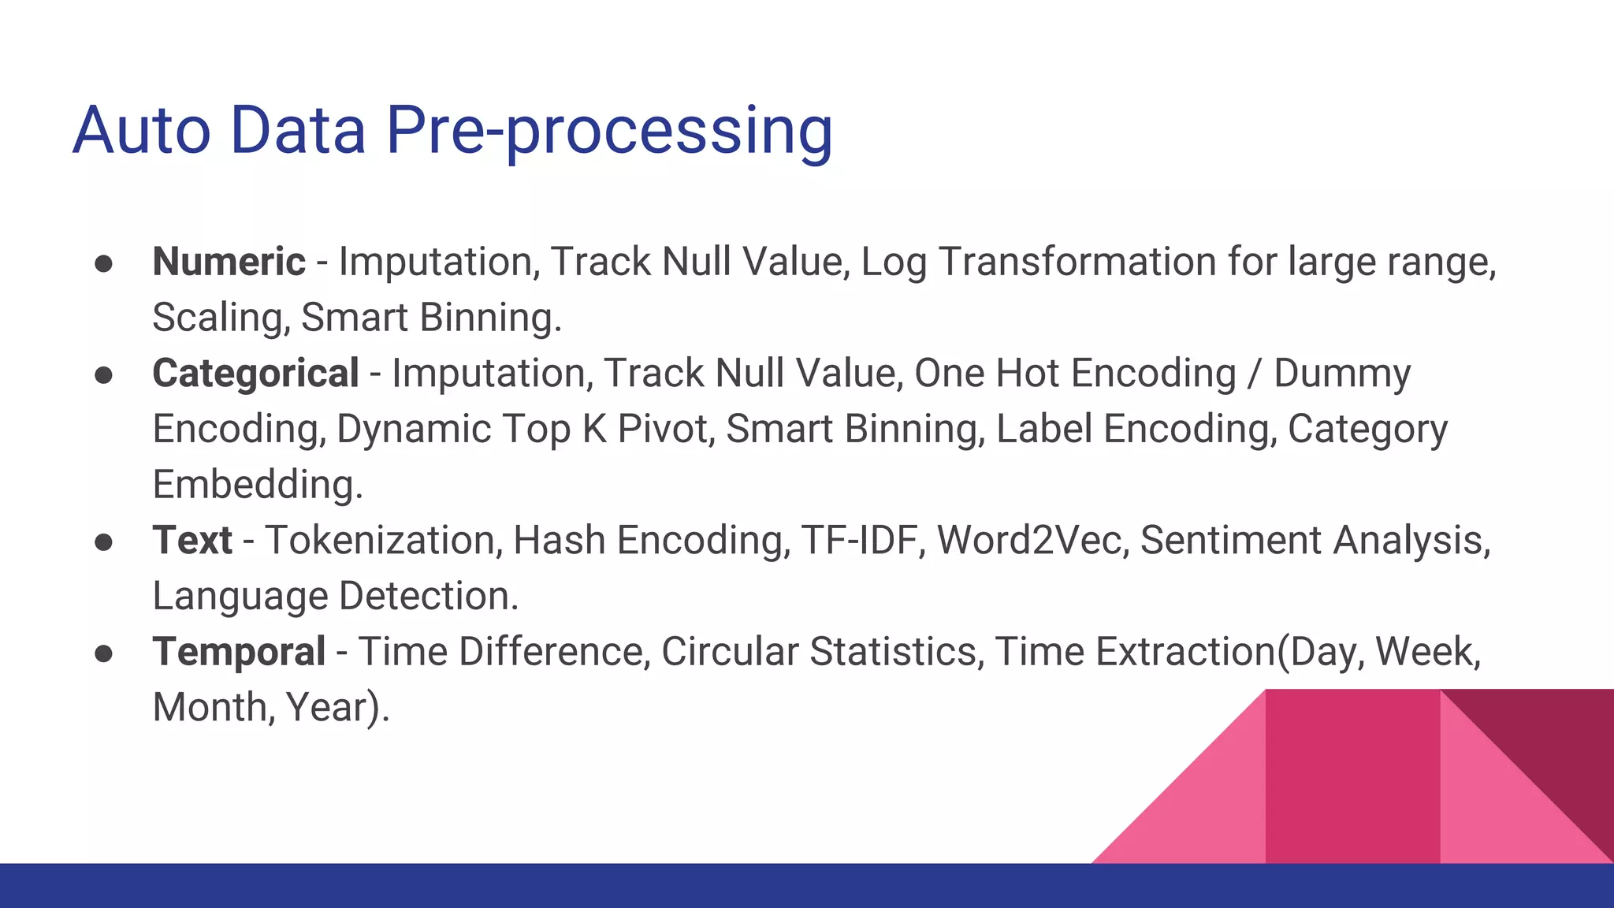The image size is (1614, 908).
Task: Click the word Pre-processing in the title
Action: [x=608, y=132]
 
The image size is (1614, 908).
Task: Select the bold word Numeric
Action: [x=229, y=262]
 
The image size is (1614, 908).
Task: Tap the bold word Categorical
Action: [x=255, y=374]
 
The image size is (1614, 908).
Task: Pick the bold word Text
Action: [x=192, y=541]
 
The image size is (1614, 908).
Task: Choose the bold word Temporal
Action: [x=239, y=652]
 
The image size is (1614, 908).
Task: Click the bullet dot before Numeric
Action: [x=103, y=264]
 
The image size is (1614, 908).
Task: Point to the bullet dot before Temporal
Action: [x=103, y=654]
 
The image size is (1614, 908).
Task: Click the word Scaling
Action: [x=221, y=318]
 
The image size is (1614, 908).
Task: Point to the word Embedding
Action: [x=257, y=485]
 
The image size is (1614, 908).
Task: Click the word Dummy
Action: [x=1341, y=374]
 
